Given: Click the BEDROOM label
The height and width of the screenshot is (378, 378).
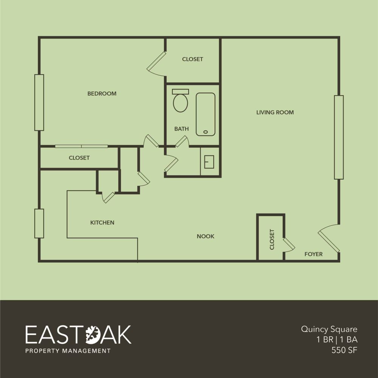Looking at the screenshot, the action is click(102, 93).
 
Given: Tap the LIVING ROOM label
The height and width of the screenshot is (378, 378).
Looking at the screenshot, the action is click(275, 112).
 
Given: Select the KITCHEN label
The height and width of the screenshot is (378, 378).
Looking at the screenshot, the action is click(102, 223).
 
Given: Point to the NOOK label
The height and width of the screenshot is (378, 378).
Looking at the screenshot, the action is click(205, 236).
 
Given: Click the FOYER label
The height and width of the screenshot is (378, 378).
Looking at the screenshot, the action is click(313, 254).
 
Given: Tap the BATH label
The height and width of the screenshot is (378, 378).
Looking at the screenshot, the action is click(181, 129).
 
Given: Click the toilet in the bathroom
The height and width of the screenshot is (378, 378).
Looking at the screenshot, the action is click(180, 101).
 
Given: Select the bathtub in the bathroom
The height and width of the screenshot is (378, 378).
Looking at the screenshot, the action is click(205, 114).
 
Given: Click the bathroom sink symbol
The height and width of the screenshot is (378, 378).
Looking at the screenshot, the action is click(209, 162).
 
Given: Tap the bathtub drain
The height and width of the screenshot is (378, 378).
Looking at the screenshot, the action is click(205, 132).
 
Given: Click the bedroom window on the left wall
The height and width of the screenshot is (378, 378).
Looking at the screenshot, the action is click(39, 102).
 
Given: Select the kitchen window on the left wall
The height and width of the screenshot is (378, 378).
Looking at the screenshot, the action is click(39, 223).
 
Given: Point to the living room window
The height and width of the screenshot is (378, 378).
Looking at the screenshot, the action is click(339, 138).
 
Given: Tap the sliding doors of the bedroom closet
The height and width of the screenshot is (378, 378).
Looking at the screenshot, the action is click(81, 146).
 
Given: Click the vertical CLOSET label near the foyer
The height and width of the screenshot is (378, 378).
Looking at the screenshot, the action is click(272, 239).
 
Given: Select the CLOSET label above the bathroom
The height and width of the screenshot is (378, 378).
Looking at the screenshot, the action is click(192, 59).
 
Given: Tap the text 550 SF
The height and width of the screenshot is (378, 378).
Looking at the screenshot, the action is click(344, 350).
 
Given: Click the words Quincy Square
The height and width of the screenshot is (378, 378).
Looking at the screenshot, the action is click(329, 329).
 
